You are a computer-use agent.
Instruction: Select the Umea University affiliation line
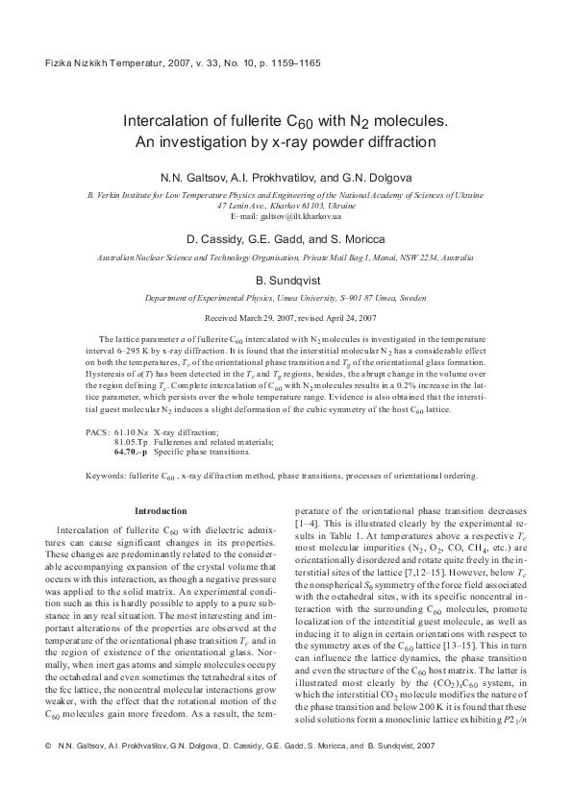pos(286,298)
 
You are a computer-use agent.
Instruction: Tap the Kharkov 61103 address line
pos(286,207)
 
